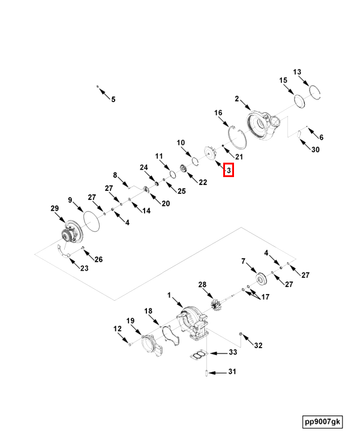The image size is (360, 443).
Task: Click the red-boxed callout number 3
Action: click(x=228, y=170)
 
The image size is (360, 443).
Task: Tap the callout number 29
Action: click(x=55, y=209)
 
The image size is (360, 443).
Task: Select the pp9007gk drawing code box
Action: click(x=322, y=422)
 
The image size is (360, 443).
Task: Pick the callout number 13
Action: click(x=297, y=72)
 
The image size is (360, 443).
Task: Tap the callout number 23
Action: click(x=83, y=268)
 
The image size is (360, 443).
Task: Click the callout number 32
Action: click(x=258, y=345)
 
